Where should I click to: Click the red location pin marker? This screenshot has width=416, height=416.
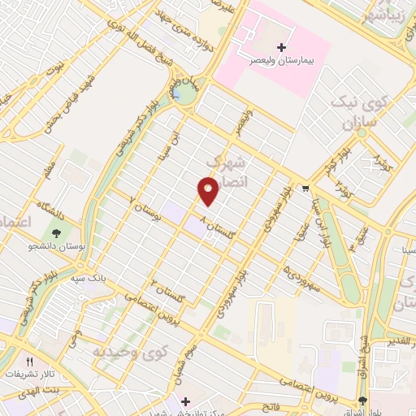pos(208,192)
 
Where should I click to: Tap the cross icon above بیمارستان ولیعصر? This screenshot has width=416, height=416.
pos(281,47)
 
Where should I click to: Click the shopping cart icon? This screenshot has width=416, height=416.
pos(305,188)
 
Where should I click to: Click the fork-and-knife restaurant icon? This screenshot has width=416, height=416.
pos(31,362)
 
